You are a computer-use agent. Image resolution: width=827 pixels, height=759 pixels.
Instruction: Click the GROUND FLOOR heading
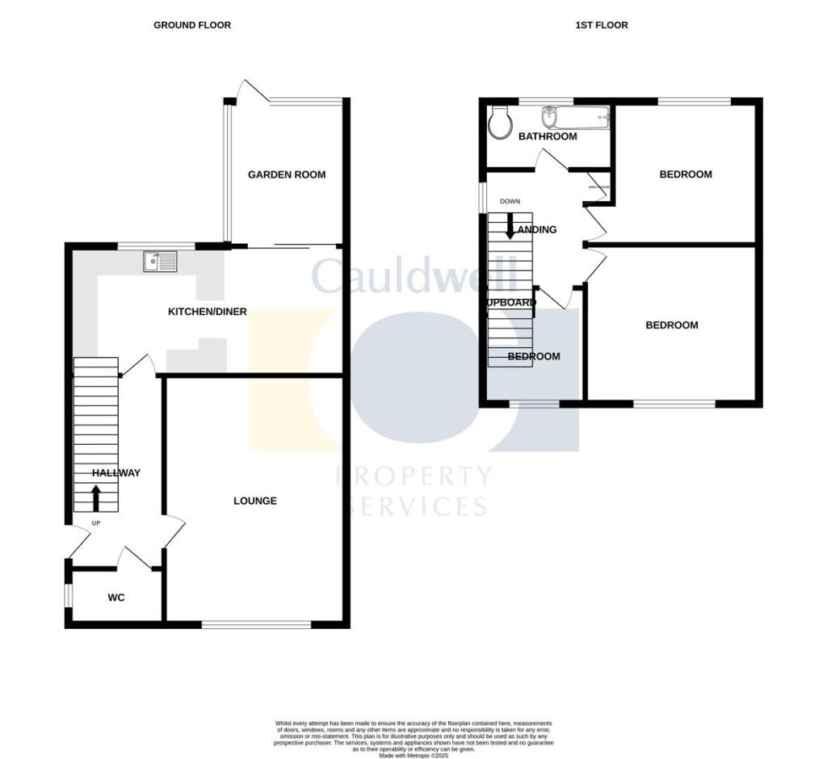tap(192, 25)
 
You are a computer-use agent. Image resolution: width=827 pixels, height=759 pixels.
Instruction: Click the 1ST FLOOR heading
tap(601, 25)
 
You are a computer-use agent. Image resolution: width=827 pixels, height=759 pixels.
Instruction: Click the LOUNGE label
tap(255, 501)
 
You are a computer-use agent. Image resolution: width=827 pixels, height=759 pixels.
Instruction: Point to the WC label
tap(116, 598)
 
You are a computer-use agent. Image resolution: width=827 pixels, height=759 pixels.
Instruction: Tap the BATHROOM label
tap(548, 136)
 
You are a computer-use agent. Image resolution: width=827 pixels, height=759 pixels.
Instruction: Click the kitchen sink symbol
tap(160, 261)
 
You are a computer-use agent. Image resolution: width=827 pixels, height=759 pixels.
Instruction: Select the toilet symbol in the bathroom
tap(501, 121)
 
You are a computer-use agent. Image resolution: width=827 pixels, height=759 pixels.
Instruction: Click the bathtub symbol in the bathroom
tap(575, 118)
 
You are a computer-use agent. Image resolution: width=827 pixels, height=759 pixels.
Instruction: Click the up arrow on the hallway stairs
tap(96, 498)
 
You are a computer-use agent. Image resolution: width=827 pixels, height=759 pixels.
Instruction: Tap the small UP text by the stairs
tap(95, 523)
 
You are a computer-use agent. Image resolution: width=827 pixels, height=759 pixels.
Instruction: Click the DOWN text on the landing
tap(510, 201)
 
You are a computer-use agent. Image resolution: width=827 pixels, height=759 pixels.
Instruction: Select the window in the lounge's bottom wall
tap(256, 624)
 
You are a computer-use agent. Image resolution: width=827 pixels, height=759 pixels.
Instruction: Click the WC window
tap(69, 593)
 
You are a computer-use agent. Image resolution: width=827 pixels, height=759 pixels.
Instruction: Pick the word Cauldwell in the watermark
tap(413, 277)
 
